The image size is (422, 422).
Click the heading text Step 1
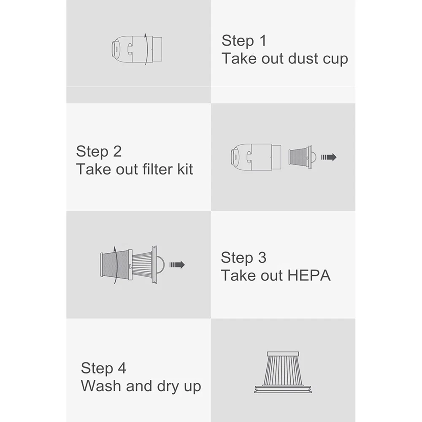[x=244, y=41]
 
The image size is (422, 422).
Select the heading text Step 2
[x=99, y=151]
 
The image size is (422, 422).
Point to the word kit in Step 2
[x=185, y=169]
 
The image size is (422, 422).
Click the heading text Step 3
[x=243, y=258]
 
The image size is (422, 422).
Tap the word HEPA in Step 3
[x=309, y=276]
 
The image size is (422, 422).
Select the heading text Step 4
[x=103, y=368]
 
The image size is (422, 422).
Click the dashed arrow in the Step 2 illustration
[x=329, y=157]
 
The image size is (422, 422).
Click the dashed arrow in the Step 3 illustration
[x=177, y=265]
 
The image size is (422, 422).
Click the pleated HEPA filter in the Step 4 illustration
[x=283, y=373]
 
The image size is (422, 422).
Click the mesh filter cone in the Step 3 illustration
[x=116, y=265]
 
